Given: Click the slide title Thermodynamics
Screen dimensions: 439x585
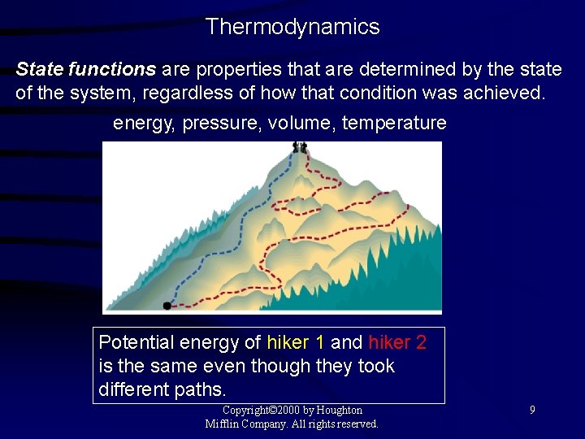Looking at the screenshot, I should coord(292,27).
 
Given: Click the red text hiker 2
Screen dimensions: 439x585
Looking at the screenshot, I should coord(397,342).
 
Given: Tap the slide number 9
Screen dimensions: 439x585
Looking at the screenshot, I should coord(532,411).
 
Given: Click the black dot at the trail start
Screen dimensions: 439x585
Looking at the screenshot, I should coord(167,306).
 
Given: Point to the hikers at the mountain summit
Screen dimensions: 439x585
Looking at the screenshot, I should coord(300,147).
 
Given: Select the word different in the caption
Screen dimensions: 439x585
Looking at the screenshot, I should coord(132,389).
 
